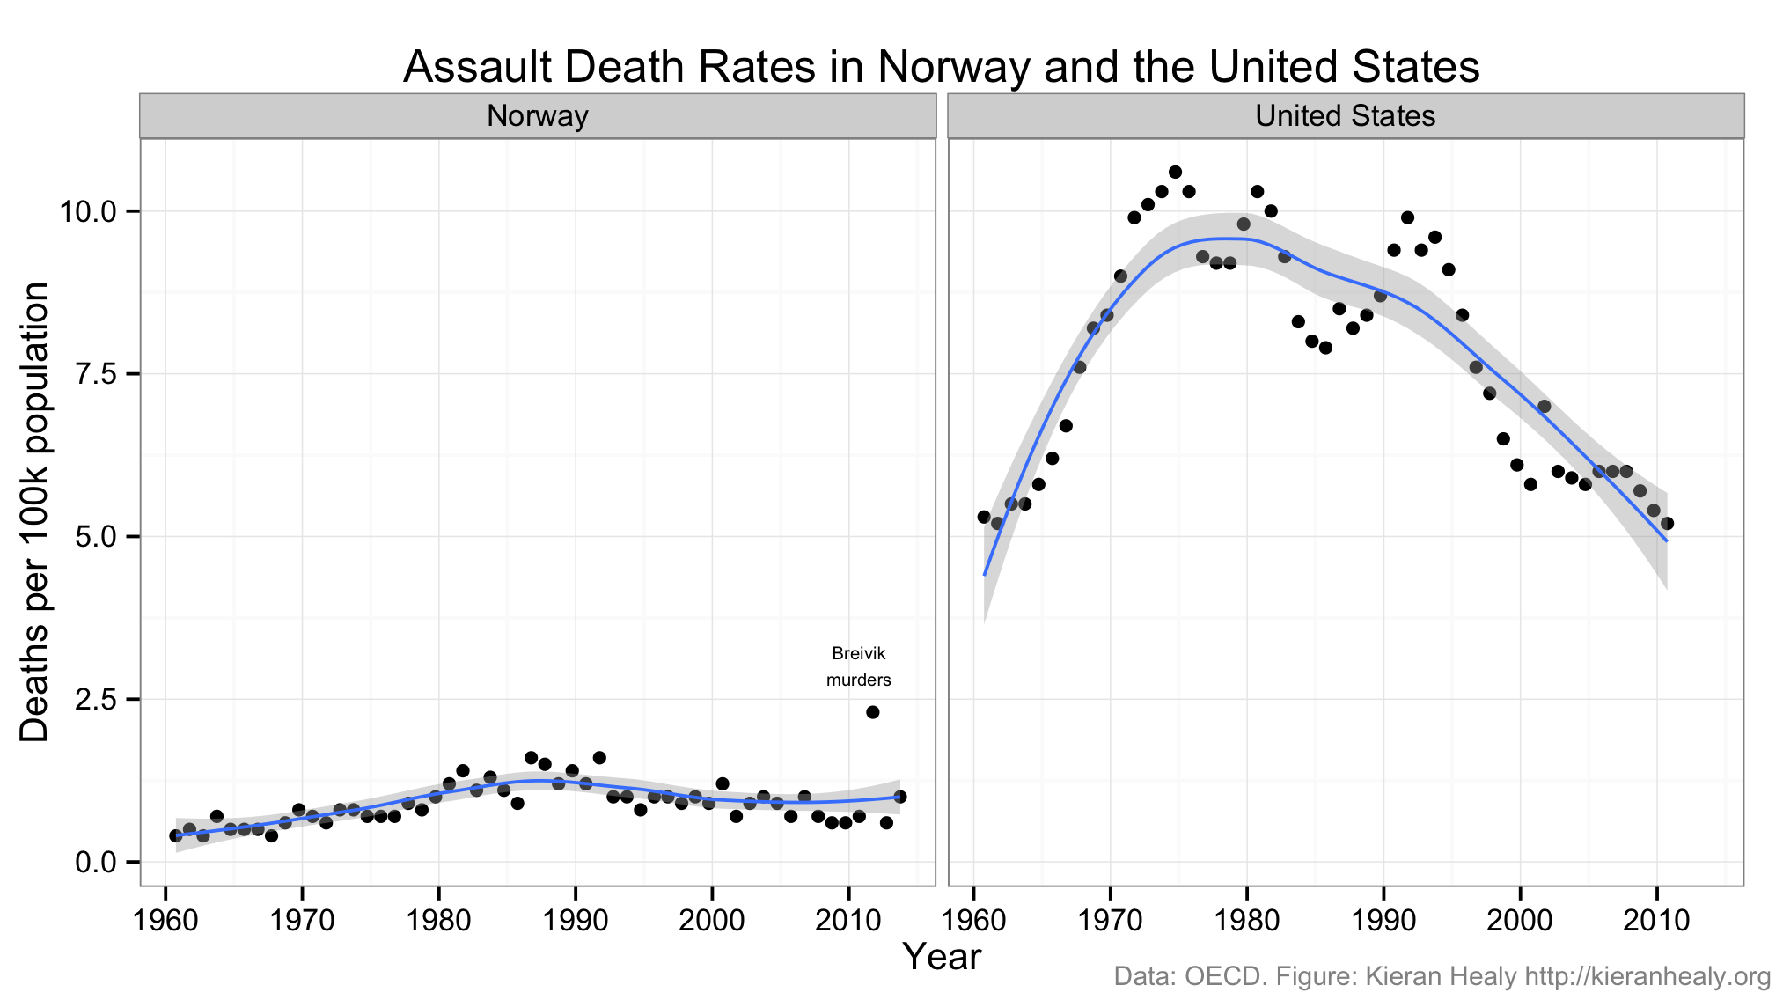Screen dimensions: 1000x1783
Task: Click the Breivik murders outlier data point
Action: click(x=872, y=712)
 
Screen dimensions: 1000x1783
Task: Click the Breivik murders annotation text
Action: click(x=858, y=666)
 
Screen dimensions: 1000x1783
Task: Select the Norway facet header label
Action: click(x=537, y=116)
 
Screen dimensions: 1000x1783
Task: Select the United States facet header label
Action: click(x=1345, y=116)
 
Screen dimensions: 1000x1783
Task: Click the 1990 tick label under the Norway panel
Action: click(x=575, y=921)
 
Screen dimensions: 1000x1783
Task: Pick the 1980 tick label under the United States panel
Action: click(x=1246, y=921)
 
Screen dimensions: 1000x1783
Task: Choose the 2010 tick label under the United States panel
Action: click(x=1656, y=921)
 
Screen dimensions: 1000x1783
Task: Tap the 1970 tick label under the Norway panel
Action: click(x=302, y=921)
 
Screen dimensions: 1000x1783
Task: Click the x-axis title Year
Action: click(x=942, y=957)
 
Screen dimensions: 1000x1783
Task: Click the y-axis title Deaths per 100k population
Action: click(x=35, y=511)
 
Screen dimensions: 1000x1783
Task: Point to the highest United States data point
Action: click(x=1175, y=172)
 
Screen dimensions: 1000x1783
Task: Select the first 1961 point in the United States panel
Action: click(x=984, y=517)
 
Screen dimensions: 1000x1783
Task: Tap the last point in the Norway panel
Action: click(x=899, y=797)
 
